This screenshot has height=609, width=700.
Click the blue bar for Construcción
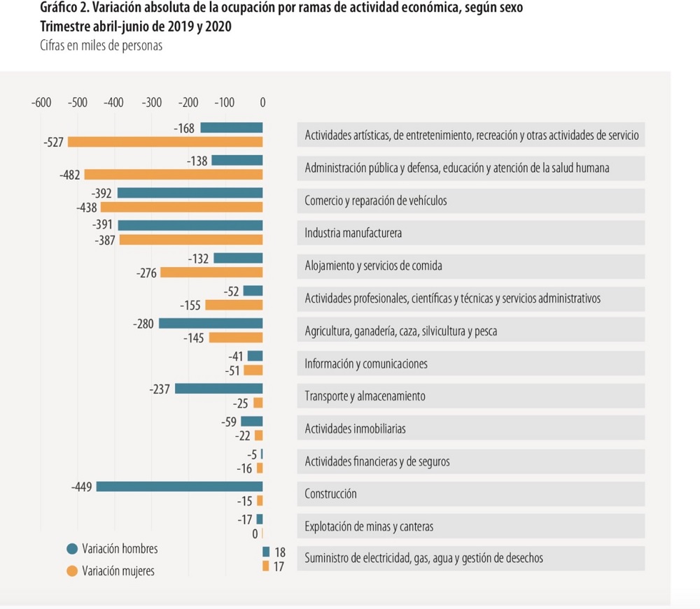coord(179,487)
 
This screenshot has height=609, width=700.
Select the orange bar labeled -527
coord(164,142)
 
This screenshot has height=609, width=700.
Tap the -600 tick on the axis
coord(41,103)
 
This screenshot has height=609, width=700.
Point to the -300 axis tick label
coord(151,103)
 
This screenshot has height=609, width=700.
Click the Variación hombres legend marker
coord(71,549)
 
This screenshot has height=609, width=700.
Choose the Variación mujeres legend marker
coord(71,571)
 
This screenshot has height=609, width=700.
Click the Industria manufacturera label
coord(353,234)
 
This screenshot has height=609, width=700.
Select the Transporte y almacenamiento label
coord(365,396)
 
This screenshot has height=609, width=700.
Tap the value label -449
coord(82,487)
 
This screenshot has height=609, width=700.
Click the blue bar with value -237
coord(218,389)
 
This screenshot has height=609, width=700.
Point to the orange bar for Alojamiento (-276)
coord(211,273)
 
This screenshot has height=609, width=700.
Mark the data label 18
coord(279,552)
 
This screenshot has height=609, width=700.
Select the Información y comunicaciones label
coord(366,364)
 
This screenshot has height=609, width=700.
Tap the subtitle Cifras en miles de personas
coord(101,45)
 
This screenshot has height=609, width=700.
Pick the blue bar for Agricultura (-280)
coord(211,324)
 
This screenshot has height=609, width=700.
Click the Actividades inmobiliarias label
coord(355,429)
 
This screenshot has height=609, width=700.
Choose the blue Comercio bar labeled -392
coord(190,193)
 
